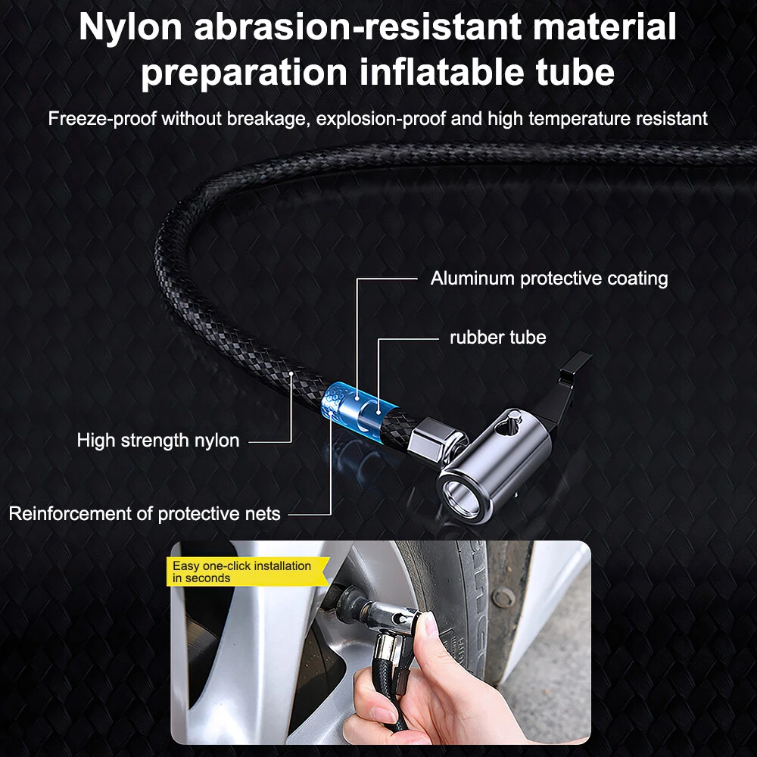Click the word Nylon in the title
pos(130,27)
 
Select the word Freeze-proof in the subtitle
pos(102,119)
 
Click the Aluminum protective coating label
pos(549,279)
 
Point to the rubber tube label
pos(498,337)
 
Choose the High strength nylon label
pos(158,441)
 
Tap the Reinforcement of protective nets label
pos(145,514)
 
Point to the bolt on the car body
pos(503,599)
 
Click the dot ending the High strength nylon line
pos(291,373)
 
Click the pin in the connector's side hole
pos(512,419)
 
